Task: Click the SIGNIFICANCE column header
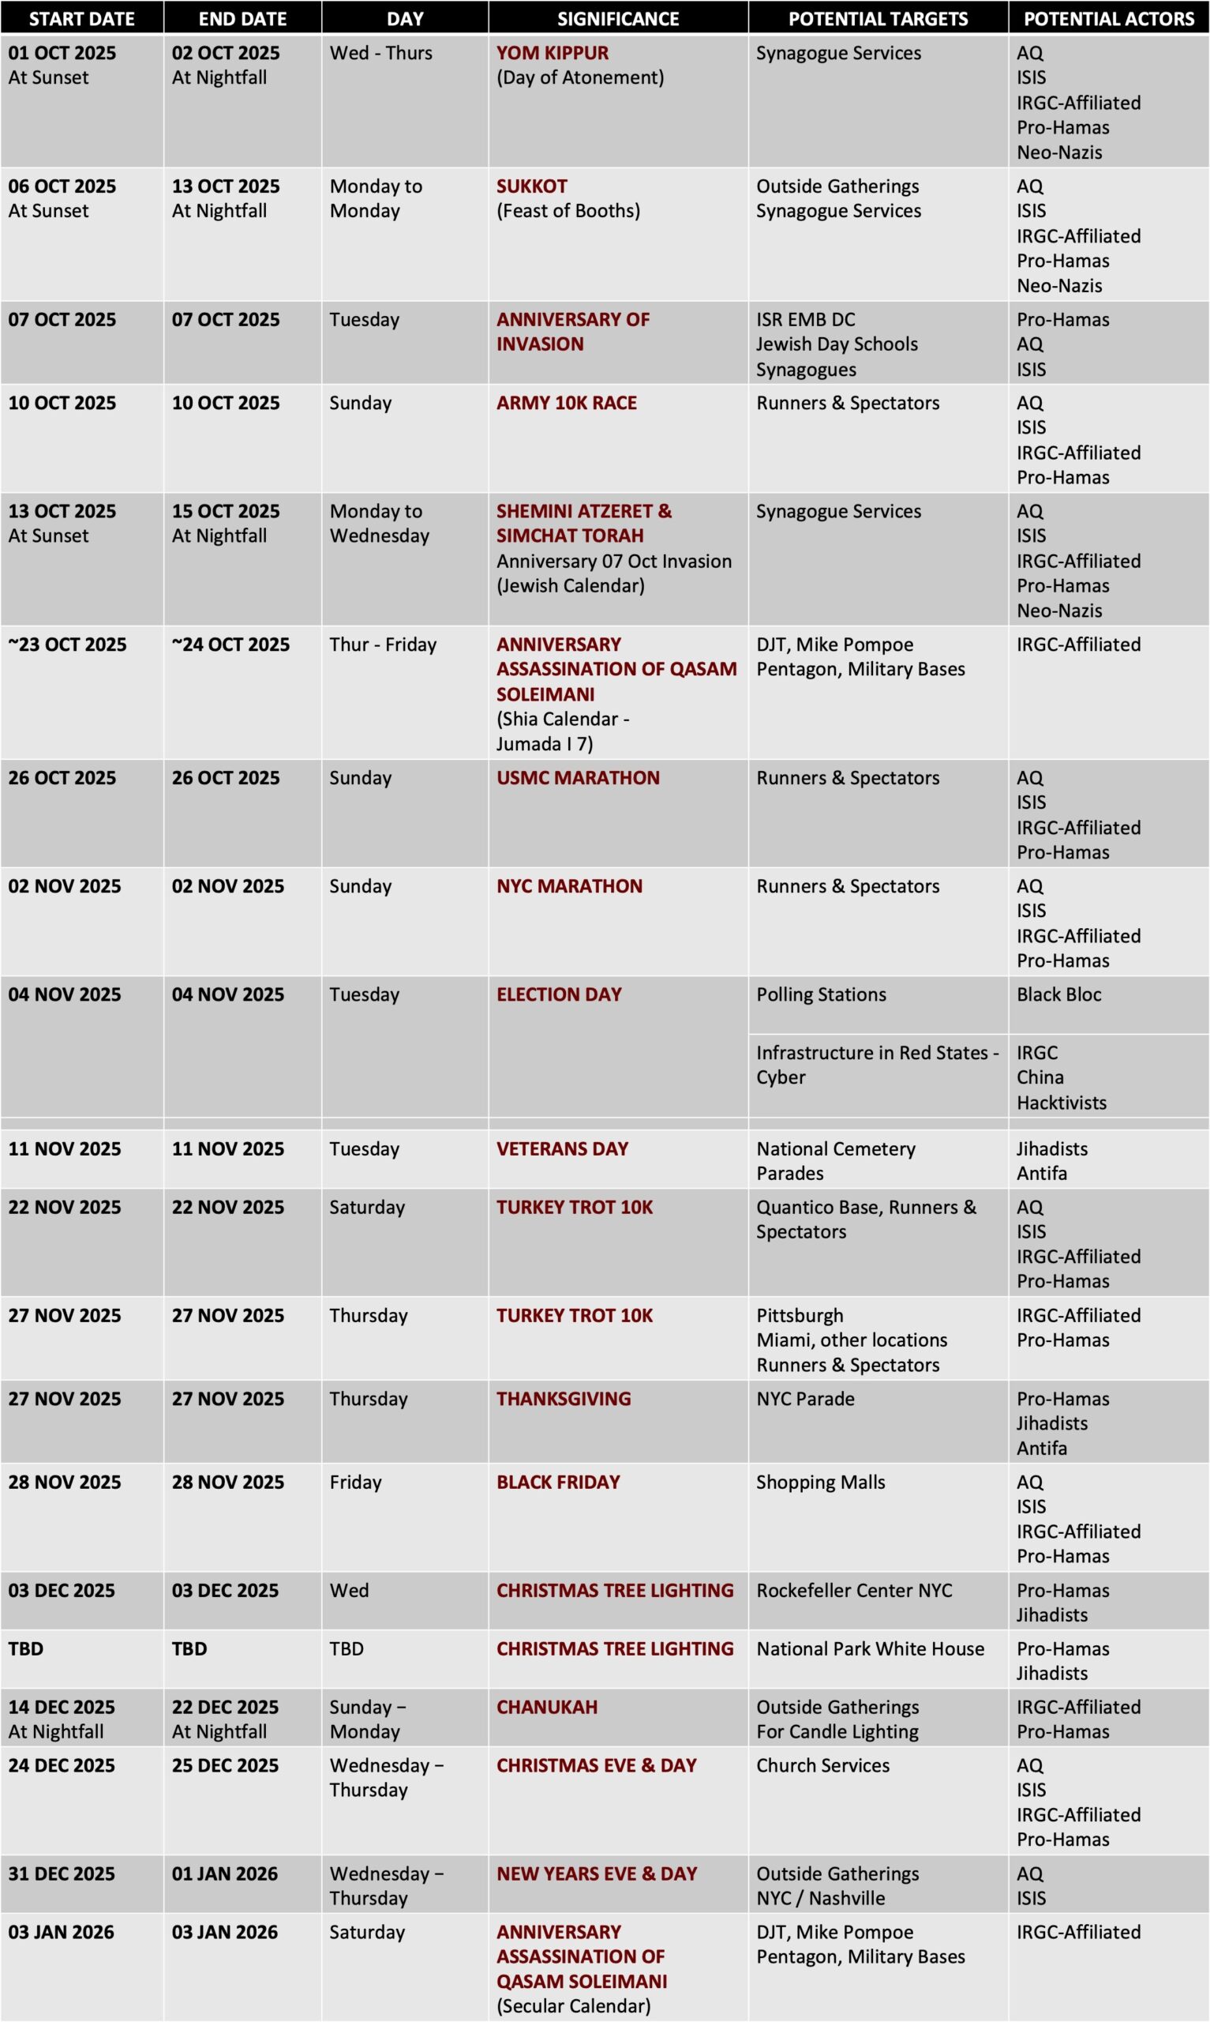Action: coord(617,18)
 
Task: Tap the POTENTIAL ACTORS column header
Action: coord(1108,18)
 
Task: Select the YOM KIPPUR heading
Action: coord(552,53)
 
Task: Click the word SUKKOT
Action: coord(532,186)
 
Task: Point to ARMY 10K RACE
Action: coord(567,403)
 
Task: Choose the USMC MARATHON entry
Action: coord(578,778)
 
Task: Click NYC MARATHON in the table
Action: coord(569,887)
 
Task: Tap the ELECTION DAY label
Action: coord(559,995)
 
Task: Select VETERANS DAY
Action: coord(562,1149)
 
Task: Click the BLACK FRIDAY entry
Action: coord(558,1482)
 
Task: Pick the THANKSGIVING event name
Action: coord(564,1399)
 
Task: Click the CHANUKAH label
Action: coord(546,1707)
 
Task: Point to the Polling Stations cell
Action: coord(821,995)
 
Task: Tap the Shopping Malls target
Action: coord(820,1482)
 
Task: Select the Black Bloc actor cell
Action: coord(1058,995)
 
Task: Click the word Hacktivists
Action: coord(1061,1103)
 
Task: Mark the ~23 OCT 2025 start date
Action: coord(67,645)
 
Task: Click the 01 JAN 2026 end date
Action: coord(224,1874)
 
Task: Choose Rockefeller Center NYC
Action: coord(854,1591)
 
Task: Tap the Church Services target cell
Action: coord(822,1766)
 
